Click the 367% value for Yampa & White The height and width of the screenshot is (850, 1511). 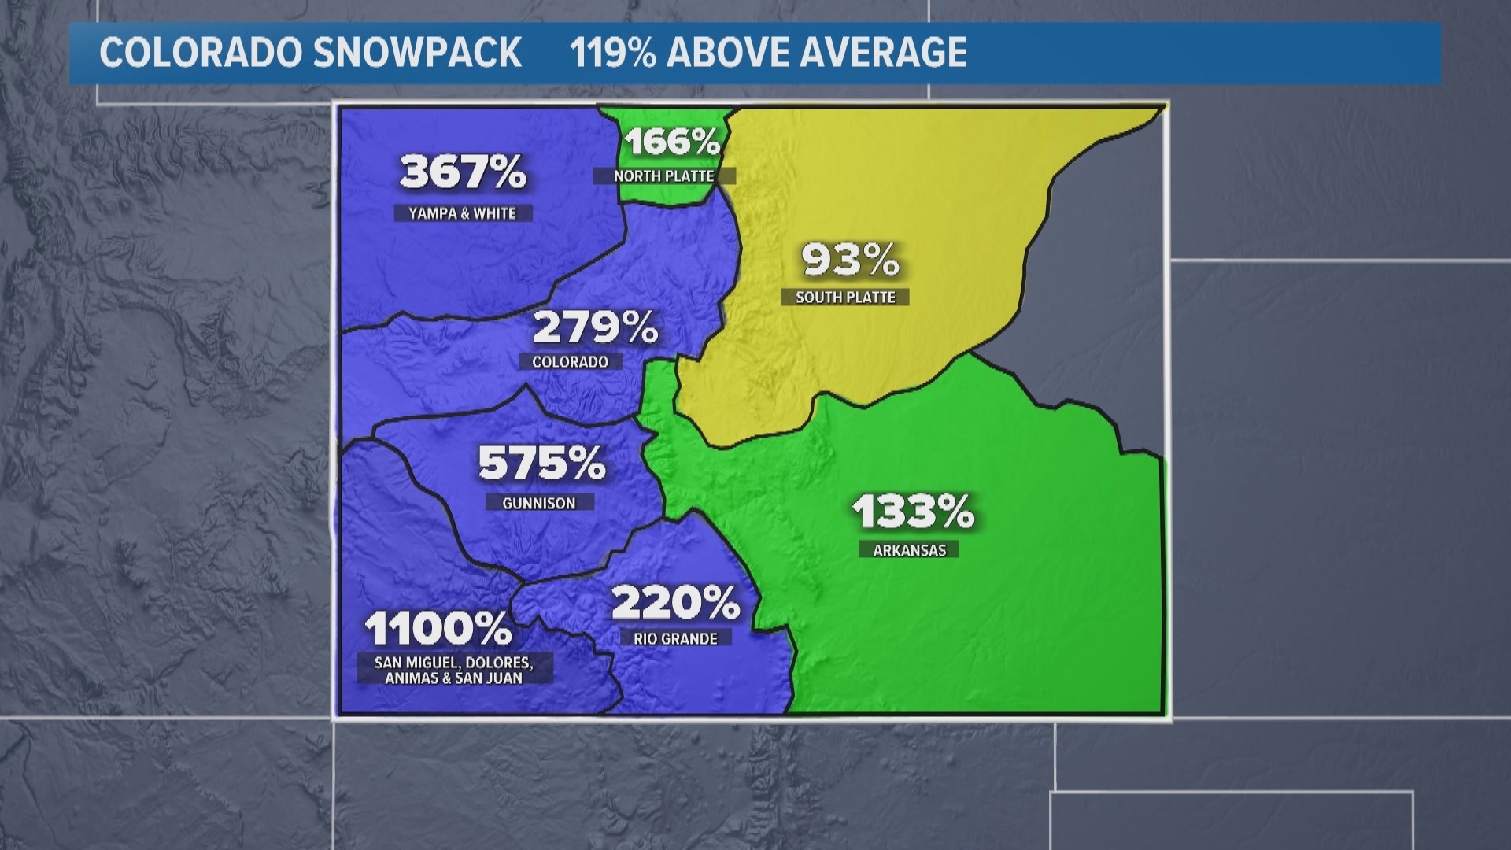click(x=463, y=172)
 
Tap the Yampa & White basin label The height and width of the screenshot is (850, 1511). click(x=463, y=213)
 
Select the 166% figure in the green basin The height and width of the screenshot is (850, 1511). click(x=673, y=142)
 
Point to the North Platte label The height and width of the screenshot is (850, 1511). click(x=663, y=176)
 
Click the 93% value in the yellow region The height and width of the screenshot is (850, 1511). click(x=850, y=259)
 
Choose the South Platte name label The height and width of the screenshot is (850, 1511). click(x=845, y=297)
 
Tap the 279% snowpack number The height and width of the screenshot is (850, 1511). click(x=595, y=327)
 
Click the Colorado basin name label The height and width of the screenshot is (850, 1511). click(x=571, y=362)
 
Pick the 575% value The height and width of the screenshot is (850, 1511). click(x=541, y=463)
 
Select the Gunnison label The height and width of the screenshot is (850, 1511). click(x=539, y=503)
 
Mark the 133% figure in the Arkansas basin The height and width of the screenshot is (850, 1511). click(x=913, y=511)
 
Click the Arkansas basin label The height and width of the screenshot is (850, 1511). click(x=909, y=550)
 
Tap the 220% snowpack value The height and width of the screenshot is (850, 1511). click(x=675, y=603)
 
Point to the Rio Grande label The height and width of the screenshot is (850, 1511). click(x=675, y=638)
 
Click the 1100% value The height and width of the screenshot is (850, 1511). click(x=438, y=628)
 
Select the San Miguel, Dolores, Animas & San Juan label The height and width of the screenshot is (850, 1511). click(x=453, y=670)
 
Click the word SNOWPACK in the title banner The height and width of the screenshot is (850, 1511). click(x=417, y=53)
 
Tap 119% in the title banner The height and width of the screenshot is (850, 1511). click(x=612, y=53)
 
